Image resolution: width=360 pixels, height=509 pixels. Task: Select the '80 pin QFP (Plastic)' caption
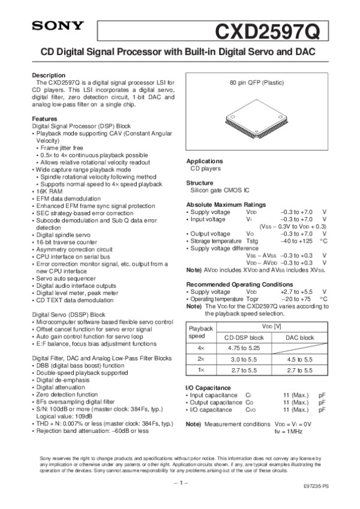point(257,82)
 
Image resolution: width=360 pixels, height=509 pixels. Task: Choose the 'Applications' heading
point(205,162)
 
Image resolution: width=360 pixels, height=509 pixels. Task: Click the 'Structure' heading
point(200,183)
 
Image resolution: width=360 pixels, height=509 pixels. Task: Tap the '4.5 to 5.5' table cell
point(299,359)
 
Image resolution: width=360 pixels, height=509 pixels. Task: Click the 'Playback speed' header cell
point(201,332)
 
